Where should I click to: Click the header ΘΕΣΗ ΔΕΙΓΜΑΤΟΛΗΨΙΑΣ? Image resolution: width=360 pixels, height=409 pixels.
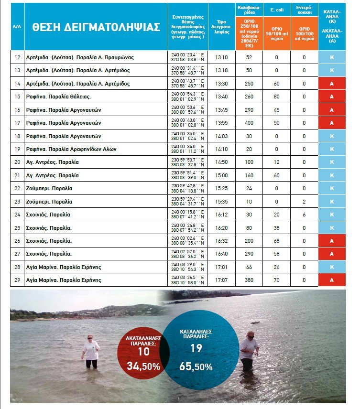click(x=96, y=27)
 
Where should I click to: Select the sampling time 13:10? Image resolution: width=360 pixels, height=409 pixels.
click(x=221, y=57)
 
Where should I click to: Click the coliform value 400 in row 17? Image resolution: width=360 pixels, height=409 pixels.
click(x=249, y=123)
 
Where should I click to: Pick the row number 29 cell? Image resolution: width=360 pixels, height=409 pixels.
click(x=17, y=280)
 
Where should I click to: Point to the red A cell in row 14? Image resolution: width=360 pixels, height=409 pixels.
click(x=331, y=84)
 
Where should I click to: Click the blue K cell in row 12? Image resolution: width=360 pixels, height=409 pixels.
click(x=331, y=57)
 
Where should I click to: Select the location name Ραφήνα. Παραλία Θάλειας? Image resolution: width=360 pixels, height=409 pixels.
click(x=59, y=97)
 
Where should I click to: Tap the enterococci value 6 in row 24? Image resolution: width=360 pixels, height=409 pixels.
click(x=304, y=201)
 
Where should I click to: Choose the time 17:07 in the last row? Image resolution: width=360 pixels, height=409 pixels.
click(x=221, y=280)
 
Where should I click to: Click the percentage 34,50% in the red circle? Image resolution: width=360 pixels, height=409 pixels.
click(x=143, y=366)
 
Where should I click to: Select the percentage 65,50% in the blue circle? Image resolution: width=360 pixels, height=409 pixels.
click(x=196, y=367)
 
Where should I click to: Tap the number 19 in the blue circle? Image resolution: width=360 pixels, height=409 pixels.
click(x=196, y=348)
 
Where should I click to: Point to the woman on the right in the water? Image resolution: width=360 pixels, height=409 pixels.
click(x=248, y=350)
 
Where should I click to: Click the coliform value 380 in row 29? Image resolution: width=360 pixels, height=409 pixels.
click(x=249, y=280)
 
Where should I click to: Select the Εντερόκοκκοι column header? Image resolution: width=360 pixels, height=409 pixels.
click(x=304, y=10)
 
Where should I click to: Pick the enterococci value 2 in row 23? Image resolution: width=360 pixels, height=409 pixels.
click(x=304, y=188)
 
